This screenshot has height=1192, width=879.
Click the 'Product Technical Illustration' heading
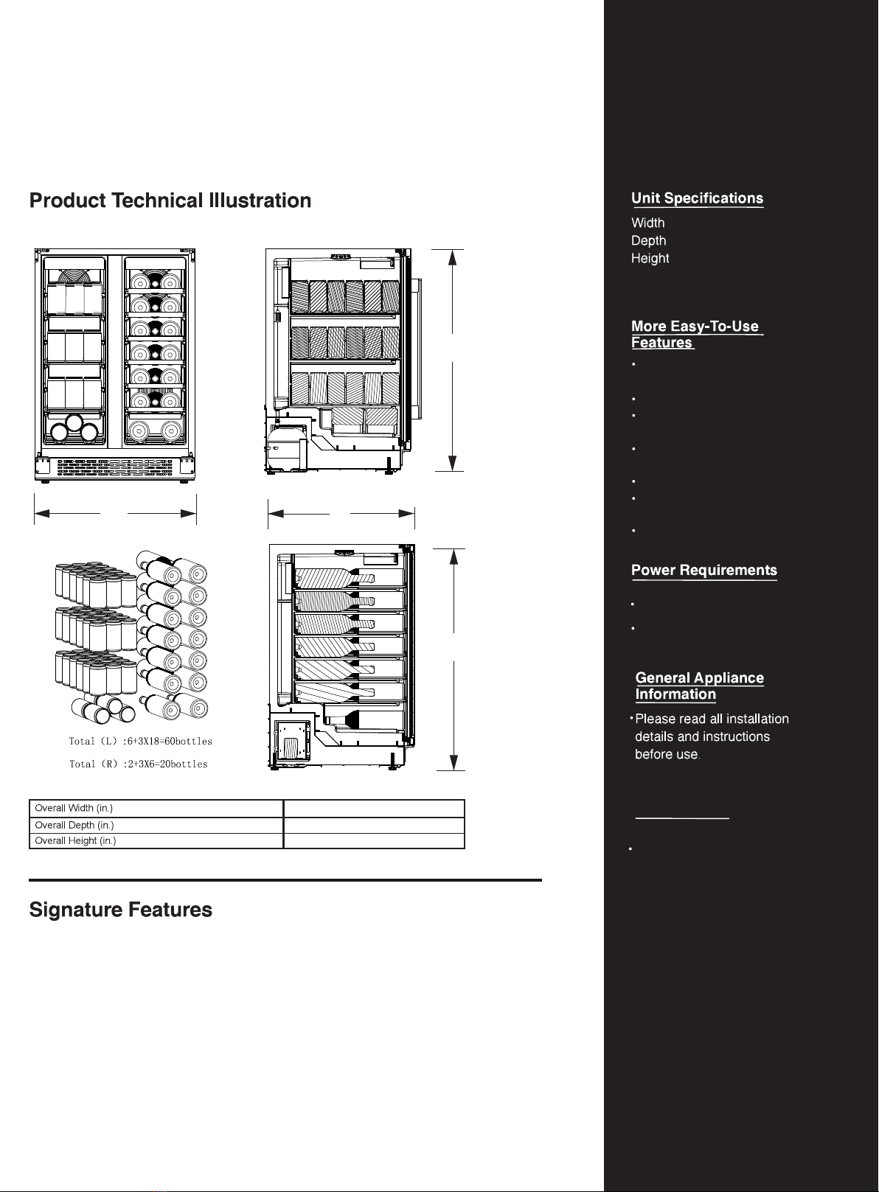(170, 201)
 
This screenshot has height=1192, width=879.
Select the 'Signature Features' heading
(120, 910)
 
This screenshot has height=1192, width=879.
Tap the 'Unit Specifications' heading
(697, 198)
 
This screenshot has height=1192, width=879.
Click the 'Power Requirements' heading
(703, 570)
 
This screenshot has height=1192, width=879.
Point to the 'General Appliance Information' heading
(700, 686)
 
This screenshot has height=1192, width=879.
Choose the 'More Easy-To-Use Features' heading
(697, 334)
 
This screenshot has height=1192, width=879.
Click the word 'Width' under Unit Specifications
(648, 223)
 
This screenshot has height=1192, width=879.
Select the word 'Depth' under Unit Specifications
(648, 240)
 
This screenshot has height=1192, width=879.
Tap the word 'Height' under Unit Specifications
(650, 258)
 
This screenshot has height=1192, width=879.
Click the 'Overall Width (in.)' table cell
(156, 809)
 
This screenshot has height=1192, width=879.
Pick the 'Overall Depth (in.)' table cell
(156, 826)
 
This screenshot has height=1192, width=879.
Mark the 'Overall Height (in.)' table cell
(156, 841)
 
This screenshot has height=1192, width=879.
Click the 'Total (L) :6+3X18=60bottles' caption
(141, 742)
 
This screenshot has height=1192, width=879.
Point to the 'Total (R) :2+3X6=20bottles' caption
(139, 764)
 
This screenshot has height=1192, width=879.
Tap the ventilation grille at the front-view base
(115, 467)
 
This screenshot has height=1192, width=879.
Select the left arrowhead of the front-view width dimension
(41, 514)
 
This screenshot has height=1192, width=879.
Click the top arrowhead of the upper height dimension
(453, 257)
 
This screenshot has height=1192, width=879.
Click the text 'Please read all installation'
(712, 719)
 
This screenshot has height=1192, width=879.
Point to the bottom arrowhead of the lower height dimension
(454, 762)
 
